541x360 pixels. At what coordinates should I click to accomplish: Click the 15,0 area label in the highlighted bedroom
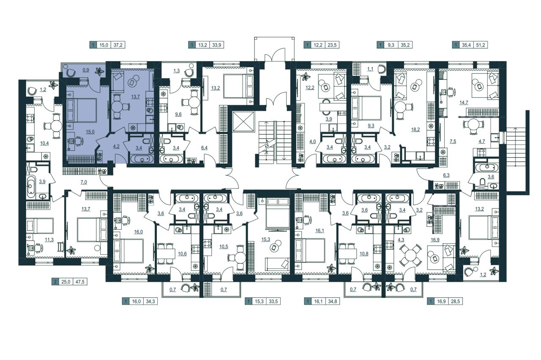click(x=90, y=132)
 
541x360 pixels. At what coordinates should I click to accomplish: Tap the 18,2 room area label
click(x=415, y=129)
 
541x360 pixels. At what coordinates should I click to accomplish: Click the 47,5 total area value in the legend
click(x=80, y=282)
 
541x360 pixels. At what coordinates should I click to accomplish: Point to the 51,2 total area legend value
click(x=481, y=45)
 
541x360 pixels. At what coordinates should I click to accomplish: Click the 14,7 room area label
click(x=464, y=102)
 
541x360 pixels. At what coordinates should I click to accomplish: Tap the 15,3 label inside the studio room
click(x=265, y=239)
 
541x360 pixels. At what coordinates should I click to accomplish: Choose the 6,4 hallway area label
click(x=204, y=147)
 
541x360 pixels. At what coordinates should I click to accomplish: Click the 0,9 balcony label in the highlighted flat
click(x=86, y=70)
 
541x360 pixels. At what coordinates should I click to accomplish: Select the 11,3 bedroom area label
click(x=49, y=240)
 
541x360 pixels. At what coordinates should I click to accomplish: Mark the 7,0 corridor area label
click(x=84, y=182)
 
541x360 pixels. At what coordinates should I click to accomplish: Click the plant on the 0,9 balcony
click(x=98, y=71)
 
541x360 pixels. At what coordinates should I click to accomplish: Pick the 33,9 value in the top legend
click(x=217, y=45)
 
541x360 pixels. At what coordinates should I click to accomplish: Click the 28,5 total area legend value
click(x=455, y=302)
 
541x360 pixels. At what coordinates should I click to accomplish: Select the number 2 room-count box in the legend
click(x=55, y=282)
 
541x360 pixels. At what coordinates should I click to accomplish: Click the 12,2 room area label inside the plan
click(x=310, y=87)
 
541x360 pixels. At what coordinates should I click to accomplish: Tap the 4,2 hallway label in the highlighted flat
click(x=116, y=146)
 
